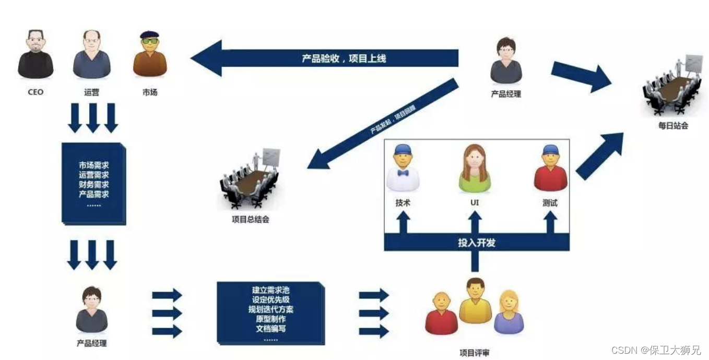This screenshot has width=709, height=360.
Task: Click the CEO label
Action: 36,92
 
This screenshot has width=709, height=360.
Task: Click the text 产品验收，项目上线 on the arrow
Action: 344,58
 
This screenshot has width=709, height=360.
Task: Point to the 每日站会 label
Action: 673,126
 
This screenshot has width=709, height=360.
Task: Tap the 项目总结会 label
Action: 251,220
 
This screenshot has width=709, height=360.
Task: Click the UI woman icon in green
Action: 475,168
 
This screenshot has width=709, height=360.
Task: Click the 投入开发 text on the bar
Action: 476,243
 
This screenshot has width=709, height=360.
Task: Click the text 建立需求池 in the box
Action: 270,290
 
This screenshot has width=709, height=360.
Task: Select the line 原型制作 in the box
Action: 270,319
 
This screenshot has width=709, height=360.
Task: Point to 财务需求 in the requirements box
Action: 94,185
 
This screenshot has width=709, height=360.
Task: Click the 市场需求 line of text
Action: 94,165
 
